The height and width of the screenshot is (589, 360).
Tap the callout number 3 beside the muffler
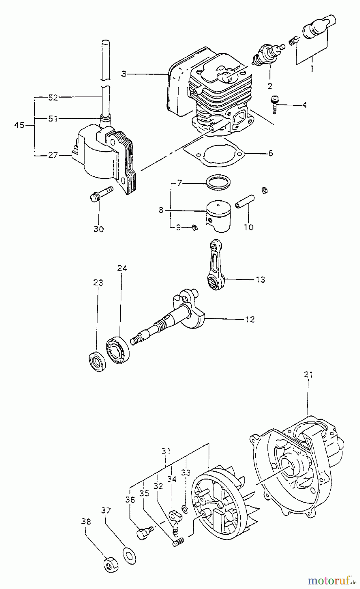[x=124, y=74]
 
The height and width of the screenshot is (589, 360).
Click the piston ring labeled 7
[x=218, y=182]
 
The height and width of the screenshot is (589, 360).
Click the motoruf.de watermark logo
[x=331, y=580]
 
